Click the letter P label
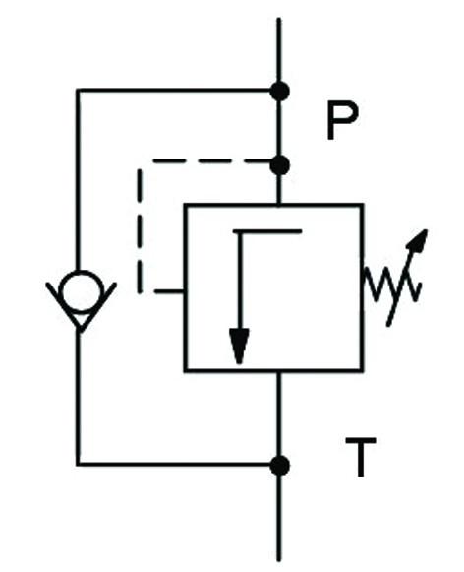pos(342,121)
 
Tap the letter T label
pos(361,458)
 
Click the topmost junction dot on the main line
pos(280,92)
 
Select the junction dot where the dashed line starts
pos(280,165)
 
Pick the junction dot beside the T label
pos(280,466)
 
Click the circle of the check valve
pos(82,290)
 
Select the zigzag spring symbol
pos(392,285)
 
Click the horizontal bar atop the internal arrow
pos(267,231)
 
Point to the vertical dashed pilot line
pos(140,231)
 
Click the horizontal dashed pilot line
pos(211,160)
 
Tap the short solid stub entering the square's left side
pos(169,290)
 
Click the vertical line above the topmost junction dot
pos(279,49)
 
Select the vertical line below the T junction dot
pos(279,518)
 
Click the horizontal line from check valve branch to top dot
pos(173,90)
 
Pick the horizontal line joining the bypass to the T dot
pos(173,464)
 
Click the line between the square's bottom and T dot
pos(279,414)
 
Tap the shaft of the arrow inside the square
pos(239,281)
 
